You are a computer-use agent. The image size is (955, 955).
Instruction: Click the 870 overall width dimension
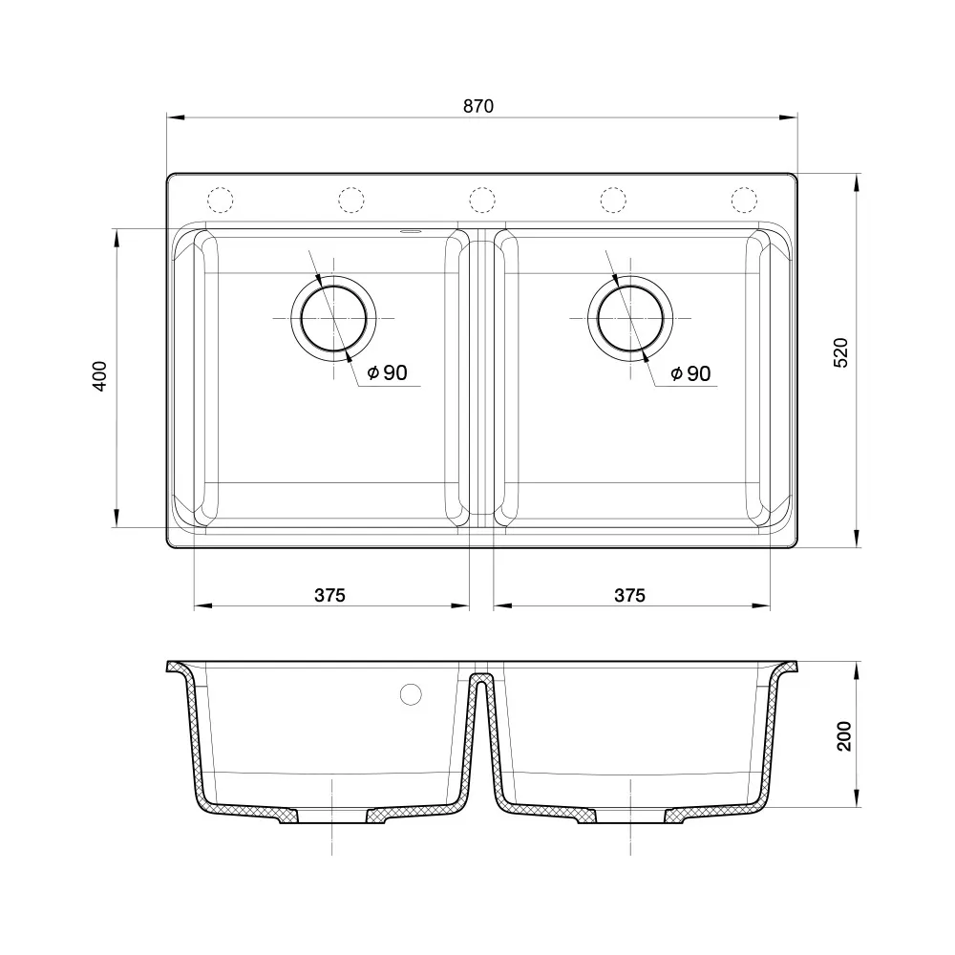478,107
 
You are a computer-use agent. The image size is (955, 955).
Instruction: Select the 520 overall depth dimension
841,354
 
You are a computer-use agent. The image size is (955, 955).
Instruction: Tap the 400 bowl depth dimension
101,377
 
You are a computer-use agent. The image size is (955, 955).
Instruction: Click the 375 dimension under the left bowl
329,595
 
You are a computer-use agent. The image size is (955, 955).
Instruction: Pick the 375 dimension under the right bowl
629,595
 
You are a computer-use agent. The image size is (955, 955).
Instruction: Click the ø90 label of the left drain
388,373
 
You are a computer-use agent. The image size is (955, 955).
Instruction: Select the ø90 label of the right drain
690,373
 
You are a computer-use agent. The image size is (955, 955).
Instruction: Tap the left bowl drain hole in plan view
333,319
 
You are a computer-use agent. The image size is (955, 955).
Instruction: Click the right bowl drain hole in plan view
630,319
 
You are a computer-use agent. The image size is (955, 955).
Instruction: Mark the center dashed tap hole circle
482,199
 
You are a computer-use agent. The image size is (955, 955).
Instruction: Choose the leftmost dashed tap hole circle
221,199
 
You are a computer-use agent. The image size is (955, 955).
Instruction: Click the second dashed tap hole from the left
351,199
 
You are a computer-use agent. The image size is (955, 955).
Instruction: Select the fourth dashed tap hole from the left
613,199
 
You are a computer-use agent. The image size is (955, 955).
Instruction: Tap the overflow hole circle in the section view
412,694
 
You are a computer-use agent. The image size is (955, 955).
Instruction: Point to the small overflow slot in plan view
411,230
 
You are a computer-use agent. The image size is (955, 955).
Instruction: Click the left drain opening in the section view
332,818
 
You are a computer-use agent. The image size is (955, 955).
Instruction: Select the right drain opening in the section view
629,818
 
